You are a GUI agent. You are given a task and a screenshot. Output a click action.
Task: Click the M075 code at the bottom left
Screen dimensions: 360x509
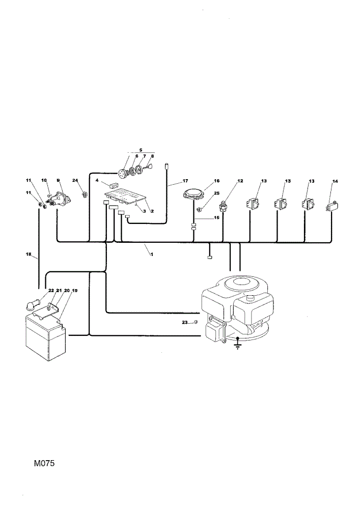[44, 463]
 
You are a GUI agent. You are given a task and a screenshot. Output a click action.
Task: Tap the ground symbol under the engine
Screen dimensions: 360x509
[238, 345]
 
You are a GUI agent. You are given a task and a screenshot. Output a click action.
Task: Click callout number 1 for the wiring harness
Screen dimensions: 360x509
[152, 254]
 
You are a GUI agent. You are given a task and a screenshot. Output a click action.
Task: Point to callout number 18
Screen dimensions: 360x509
[28, 254]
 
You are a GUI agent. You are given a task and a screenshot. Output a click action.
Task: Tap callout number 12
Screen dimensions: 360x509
[240, 181]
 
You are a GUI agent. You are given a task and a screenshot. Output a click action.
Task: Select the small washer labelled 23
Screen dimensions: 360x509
[196, 322]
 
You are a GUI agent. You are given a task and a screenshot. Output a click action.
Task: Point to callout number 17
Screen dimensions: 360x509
[185, 181]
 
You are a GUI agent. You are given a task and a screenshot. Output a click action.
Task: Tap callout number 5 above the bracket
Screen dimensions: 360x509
[141, 150]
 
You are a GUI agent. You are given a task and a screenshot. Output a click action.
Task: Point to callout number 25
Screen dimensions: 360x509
[217, 193]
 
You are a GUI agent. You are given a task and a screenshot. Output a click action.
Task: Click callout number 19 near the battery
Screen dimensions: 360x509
[75, 291]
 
